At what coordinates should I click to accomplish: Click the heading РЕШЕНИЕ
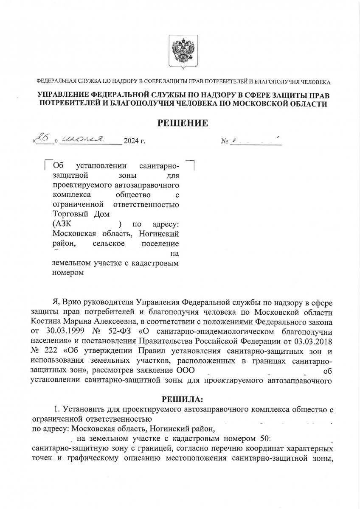point(183,123)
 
